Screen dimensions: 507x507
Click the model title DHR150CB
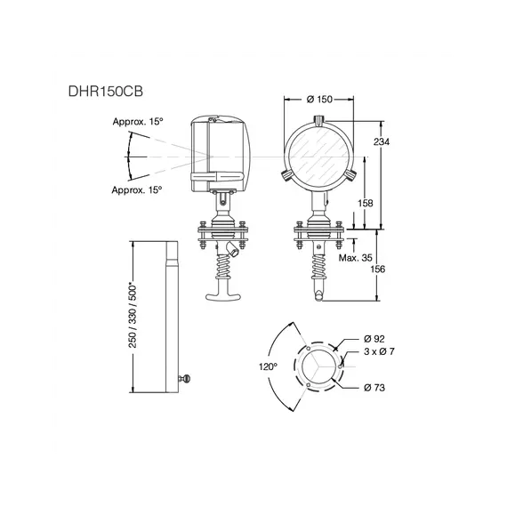pyautogui.click(x=106, y=92)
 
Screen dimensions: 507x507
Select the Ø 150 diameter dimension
pyautogui.click(x=319, y=100)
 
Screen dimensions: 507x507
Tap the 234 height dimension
pyautogui.click(x=382, y=141)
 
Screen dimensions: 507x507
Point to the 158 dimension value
pyautogui.click(x=366, y=203)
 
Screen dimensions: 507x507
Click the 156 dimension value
pyautogui.click(x=378, y=269)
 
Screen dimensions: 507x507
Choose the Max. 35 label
pyautogui.click(x=356, y=258)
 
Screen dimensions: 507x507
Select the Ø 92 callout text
pyautogui.click(x=374, y=339)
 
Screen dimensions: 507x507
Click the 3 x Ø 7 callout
pyautogui.click(x=379, y=351)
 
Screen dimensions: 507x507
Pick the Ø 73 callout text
pyautogui.click(x=374, y=387)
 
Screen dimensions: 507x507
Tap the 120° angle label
pyautogui.click(x=268, y=366)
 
